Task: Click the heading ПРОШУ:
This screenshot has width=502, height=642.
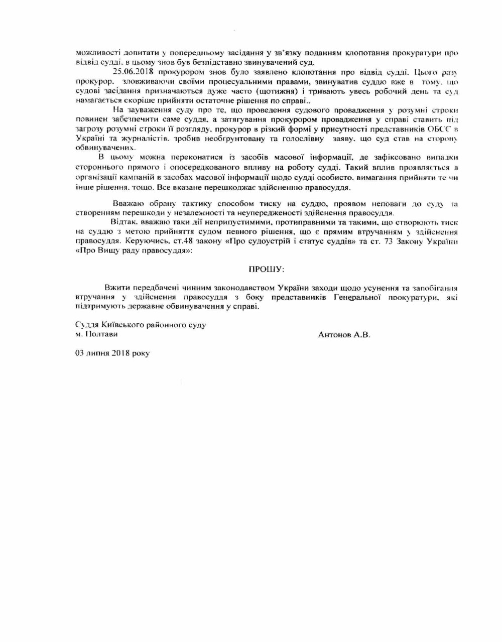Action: coord(267,270)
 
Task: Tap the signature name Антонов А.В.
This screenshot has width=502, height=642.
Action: coord(344,334)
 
